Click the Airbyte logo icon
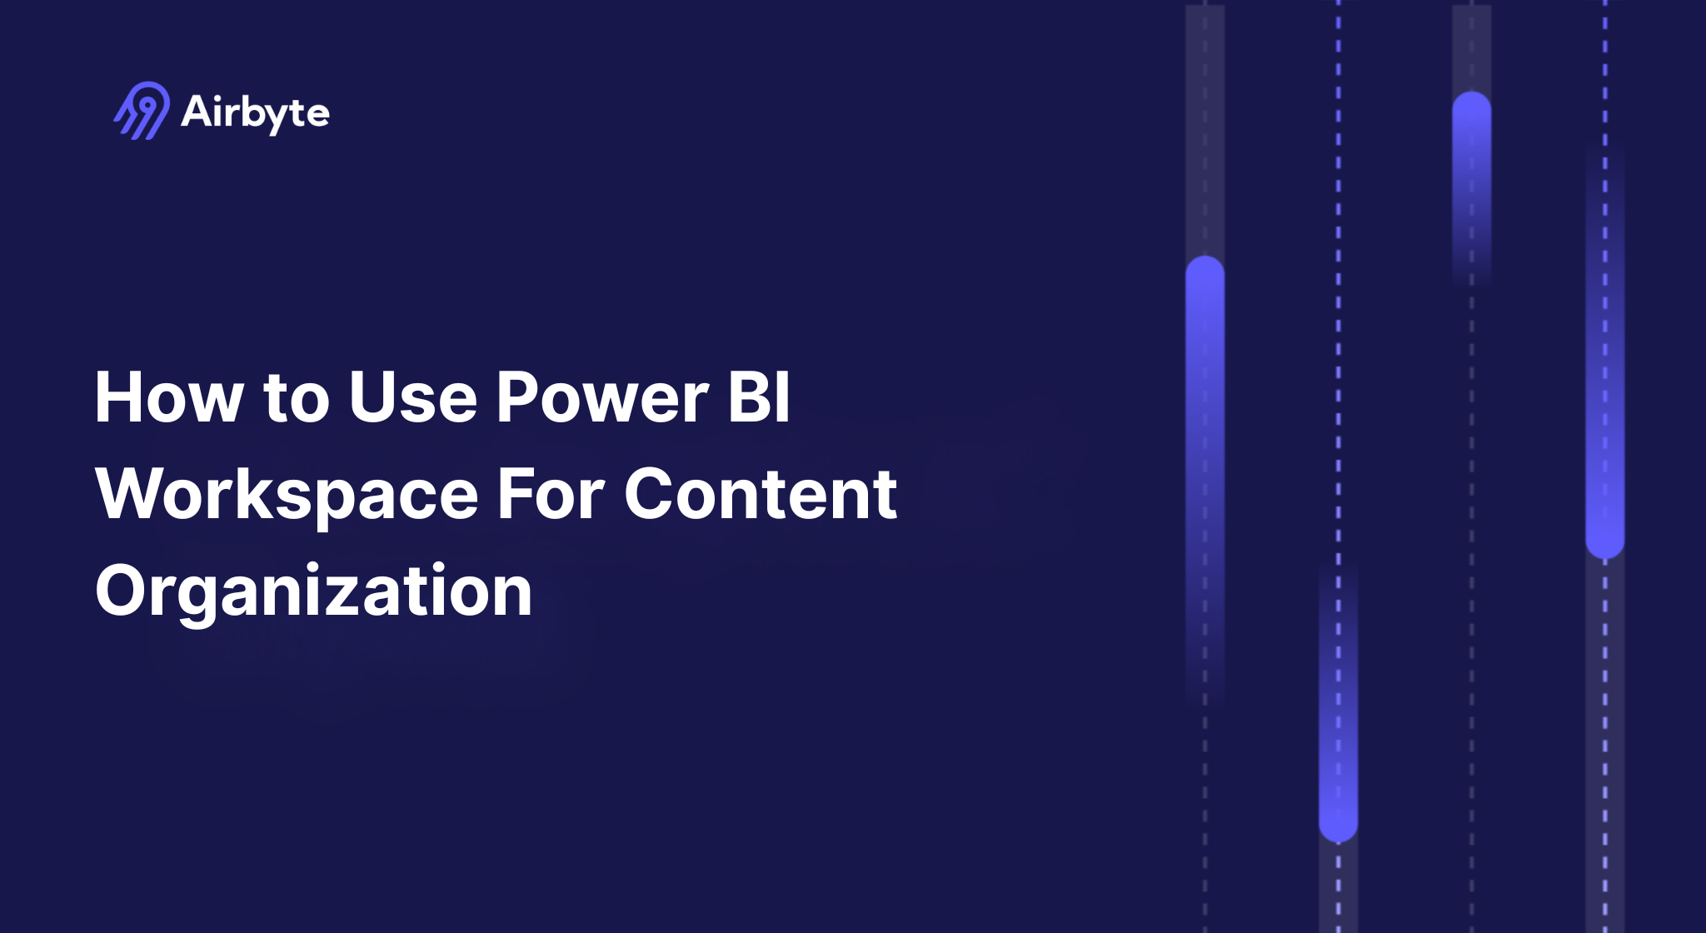point(142,111)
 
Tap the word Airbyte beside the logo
point(255,112)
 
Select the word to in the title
point(297,399)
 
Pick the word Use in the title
point(413,397)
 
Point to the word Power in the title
point(602,397)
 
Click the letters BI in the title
point(759,397)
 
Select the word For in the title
point(551,494)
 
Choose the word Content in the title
point(761,494)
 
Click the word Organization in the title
point(313,591)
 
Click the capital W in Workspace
point(132,494)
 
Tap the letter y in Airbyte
point(281,117)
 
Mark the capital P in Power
point(517,397)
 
